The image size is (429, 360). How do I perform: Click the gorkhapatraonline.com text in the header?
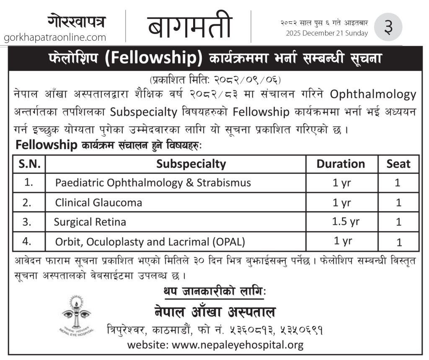(x=55, y=38)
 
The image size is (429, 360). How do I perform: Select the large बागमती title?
(x=189, y=26)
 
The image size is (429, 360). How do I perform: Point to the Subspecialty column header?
(x=191, y=164)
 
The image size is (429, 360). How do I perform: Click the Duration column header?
(x=341, y=164)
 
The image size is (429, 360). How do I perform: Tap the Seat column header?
(x=398, y=164)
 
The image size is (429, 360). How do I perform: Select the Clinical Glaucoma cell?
(x=99, y=203)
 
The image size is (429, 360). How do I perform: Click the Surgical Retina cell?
(x=90, y=222)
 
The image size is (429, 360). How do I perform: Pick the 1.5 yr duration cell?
(x=346, y=221)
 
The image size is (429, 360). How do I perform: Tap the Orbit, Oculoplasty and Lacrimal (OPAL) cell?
(x=150, y=241)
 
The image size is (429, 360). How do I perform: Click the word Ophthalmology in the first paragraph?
(x=373, y=94)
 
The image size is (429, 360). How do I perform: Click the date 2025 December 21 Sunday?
(x=327, y=33)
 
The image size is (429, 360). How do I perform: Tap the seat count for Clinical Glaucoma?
(x=398, y=203)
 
